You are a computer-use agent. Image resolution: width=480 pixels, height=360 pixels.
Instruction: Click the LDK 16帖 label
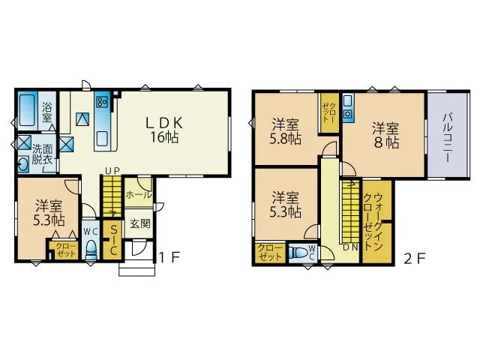click(164, 130)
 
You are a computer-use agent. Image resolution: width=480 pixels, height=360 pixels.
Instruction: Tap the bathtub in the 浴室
click(27, 110)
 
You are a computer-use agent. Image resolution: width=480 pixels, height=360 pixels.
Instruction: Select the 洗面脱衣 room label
click(42, 155)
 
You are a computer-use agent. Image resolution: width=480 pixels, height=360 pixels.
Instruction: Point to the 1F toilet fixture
click(91, 250)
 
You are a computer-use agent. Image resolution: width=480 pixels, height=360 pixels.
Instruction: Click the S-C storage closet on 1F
click(113, 240)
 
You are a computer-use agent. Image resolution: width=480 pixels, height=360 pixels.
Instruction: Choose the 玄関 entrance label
click(140, 223)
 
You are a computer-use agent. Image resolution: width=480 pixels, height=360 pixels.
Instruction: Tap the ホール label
click(139, 195)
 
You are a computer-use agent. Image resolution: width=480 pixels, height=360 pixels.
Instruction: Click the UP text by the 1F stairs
click(112, 171)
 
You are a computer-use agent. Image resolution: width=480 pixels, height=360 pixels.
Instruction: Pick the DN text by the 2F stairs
click(350, 247)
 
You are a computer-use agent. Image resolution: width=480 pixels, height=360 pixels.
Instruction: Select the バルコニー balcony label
click(448, 137)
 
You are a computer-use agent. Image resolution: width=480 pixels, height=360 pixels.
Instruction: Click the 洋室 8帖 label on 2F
click(385, 136)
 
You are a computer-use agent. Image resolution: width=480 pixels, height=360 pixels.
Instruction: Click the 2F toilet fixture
click(299, 253)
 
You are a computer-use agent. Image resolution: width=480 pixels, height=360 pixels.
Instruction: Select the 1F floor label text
click(169, 258)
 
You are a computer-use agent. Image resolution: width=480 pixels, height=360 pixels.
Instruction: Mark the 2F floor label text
click(415, 259)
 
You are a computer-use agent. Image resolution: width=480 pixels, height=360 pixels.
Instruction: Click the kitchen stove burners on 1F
click(102, 101)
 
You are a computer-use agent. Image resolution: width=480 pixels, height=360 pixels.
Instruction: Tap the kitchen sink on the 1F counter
click(102, 139)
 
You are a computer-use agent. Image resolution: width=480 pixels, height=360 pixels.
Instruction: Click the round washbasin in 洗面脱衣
click(24, 165)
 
